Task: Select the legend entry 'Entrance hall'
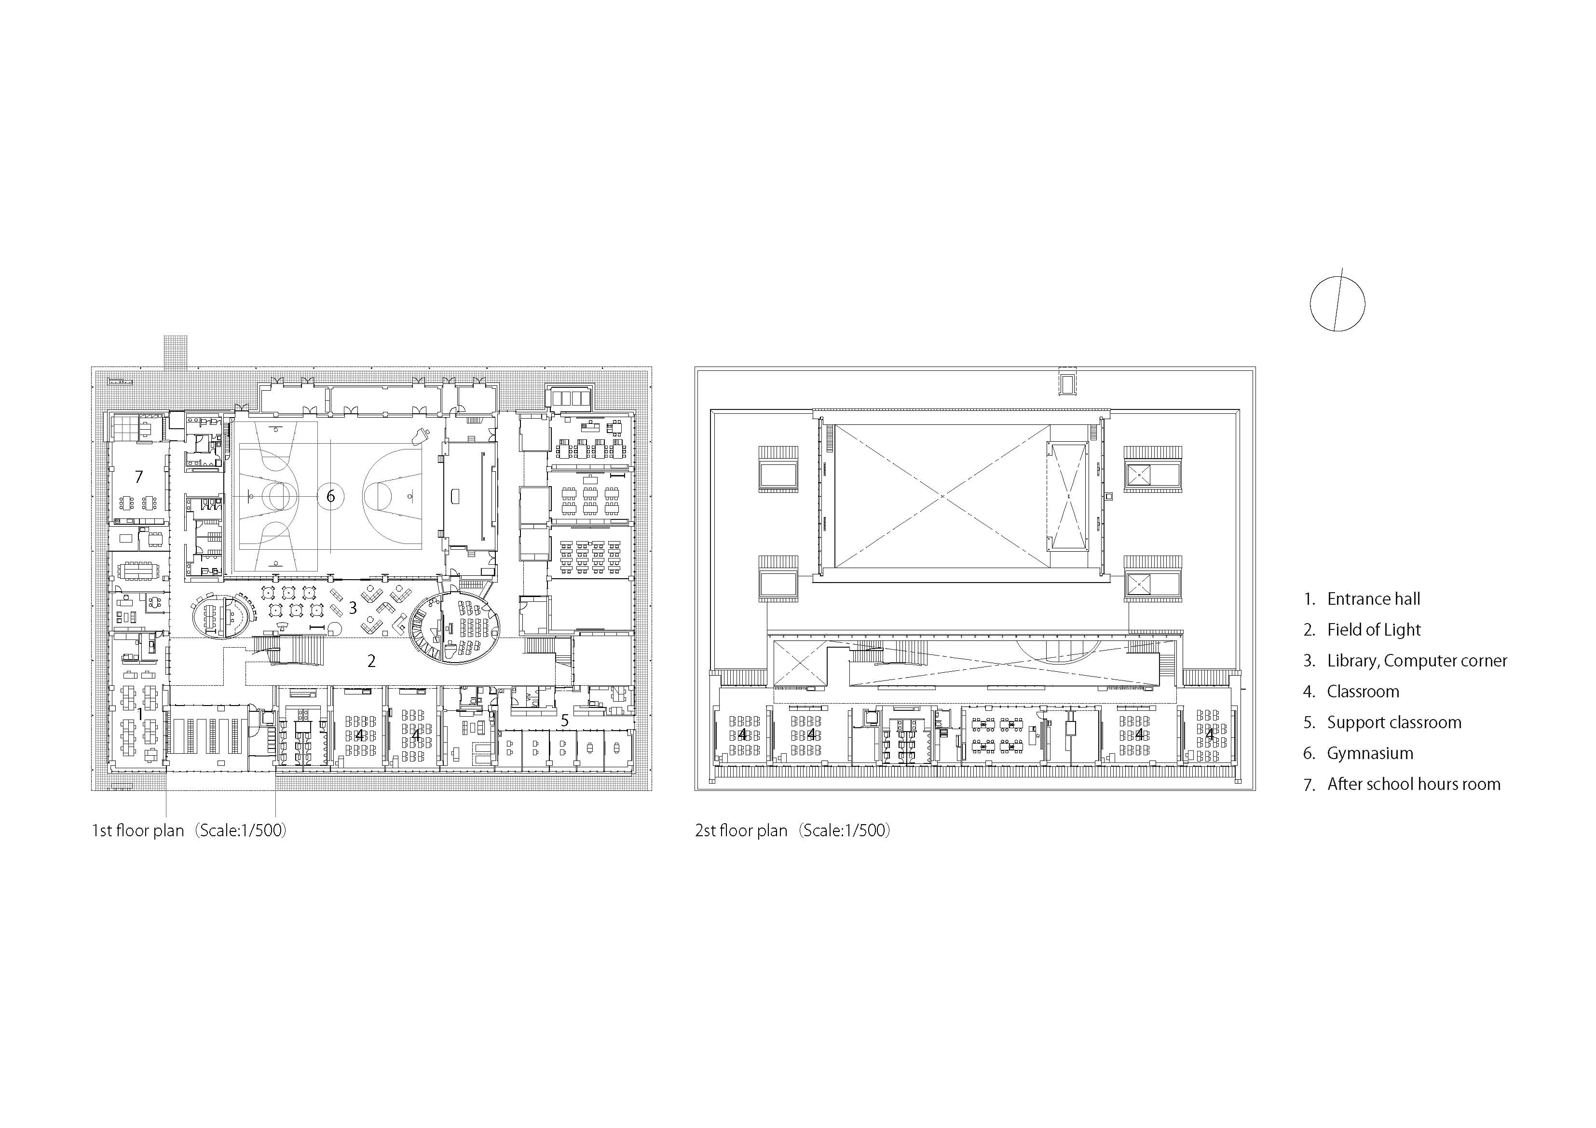(x=1373, y=599)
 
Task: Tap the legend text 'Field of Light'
(x=1374, y=630)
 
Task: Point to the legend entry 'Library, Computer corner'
(x=1417, y=661)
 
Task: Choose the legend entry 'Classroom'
(x=1363, y=692)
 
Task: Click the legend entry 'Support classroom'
(x=1394, y=723)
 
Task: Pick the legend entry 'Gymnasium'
(x=1369, y=753)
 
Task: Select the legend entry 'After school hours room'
(x=1413, y=784)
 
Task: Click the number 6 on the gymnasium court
(x=331, y=496)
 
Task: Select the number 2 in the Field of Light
(x=371, y=661)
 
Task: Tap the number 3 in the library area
(x=353, y=608)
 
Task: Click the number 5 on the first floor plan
(x=564, y=720)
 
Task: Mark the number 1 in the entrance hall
(x=140, y=714)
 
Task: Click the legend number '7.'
(x=1310, y=785)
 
